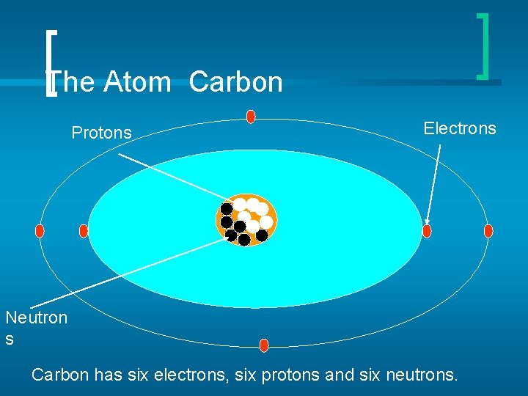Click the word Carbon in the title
point(235,82)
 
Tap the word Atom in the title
point(138,82)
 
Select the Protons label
point(101,133)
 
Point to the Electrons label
point(460,128)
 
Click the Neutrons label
point(35,327)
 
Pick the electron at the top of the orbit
point(251,117)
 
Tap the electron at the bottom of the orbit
point(264,345)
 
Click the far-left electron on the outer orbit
point(40,231)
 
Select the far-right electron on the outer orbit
point(488,231)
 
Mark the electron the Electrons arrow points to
point(427,231)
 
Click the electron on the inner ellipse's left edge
point(83,231)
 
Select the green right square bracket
point(483,45)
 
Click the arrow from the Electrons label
point(433,183)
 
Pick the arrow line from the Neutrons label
point(125,273)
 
